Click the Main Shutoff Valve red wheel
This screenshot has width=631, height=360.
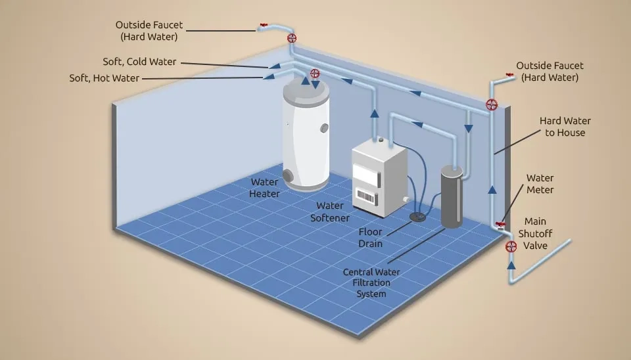tap(511, 246)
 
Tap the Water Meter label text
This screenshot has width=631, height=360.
tap(540, 184)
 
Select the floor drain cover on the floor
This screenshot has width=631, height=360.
tap(418, 217)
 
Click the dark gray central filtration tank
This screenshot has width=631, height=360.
tap(452, 196)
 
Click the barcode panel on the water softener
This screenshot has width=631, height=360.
tap(366, 196)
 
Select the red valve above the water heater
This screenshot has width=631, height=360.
tap(315, 74)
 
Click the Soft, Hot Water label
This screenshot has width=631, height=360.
tap(105, 78)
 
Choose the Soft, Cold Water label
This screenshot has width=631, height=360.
tap(139, 62)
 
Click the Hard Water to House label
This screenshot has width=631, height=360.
tap(565, 127)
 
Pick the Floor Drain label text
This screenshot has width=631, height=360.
tap(370, 237)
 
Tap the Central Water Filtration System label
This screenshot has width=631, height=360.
tap(371, 282)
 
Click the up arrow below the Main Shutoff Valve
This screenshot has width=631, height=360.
tap(511, 265)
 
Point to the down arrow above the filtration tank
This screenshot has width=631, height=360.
tap(469, 129)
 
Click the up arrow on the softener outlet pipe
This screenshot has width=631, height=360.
tap(375, 114)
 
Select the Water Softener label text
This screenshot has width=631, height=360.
tap(330, 212)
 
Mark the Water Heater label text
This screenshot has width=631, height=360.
tap(264, 188)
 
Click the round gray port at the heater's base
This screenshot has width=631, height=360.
tap(288, 176)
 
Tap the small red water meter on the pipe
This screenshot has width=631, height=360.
tap(500, 225)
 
